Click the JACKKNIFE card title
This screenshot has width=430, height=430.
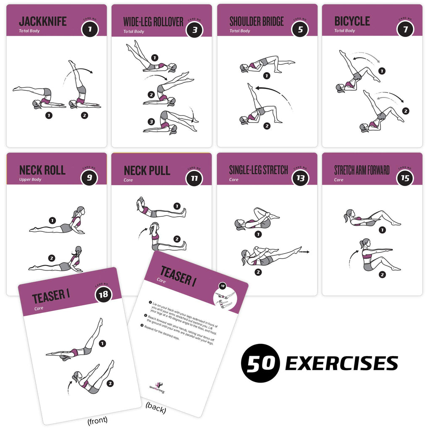[x=43, y=21]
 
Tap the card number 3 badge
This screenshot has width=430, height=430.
[x=194, y=29]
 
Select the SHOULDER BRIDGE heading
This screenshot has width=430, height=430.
[x=257, y=21]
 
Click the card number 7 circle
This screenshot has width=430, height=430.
[x=405, y=29]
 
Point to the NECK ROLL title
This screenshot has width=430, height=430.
[x=42, y=170]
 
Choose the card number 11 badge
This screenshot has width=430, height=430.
[x=194, y=178]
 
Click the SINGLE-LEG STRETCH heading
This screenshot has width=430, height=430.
[x=259, y=170]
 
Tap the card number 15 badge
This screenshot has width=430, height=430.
[x=405, y=178]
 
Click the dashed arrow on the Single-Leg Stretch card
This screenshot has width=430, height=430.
[x=303, y=252]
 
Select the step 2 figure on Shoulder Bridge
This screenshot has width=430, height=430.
[x=260, y=107]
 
